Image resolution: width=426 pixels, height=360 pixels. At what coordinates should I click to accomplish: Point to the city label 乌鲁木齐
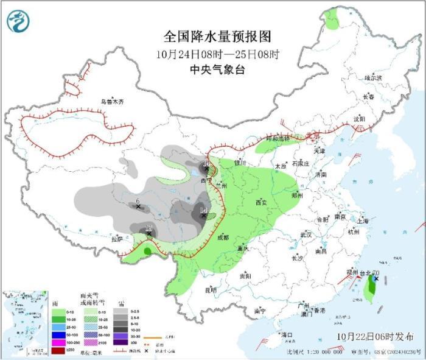pyautogui.click(x=112, y=102)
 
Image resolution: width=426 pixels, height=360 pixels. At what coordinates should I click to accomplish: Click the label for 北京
pyautogui.click(x=313, y=135)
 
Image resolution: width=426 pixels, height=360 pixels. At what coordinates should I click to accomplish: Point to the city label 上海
pyautogui.click(x=363, y=221)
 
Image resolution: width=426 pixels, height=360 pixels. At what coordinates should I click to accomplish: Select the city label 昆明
pyautogui.click(x=211, y=290)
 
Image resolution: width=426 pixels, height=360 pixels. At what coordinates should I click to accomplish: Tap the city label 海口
pyautogui.click(x=285, y=335)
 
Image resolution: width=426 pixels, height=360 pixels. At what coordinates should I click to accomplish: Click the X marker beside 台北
pyautogui.click(x=376, y=279)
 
